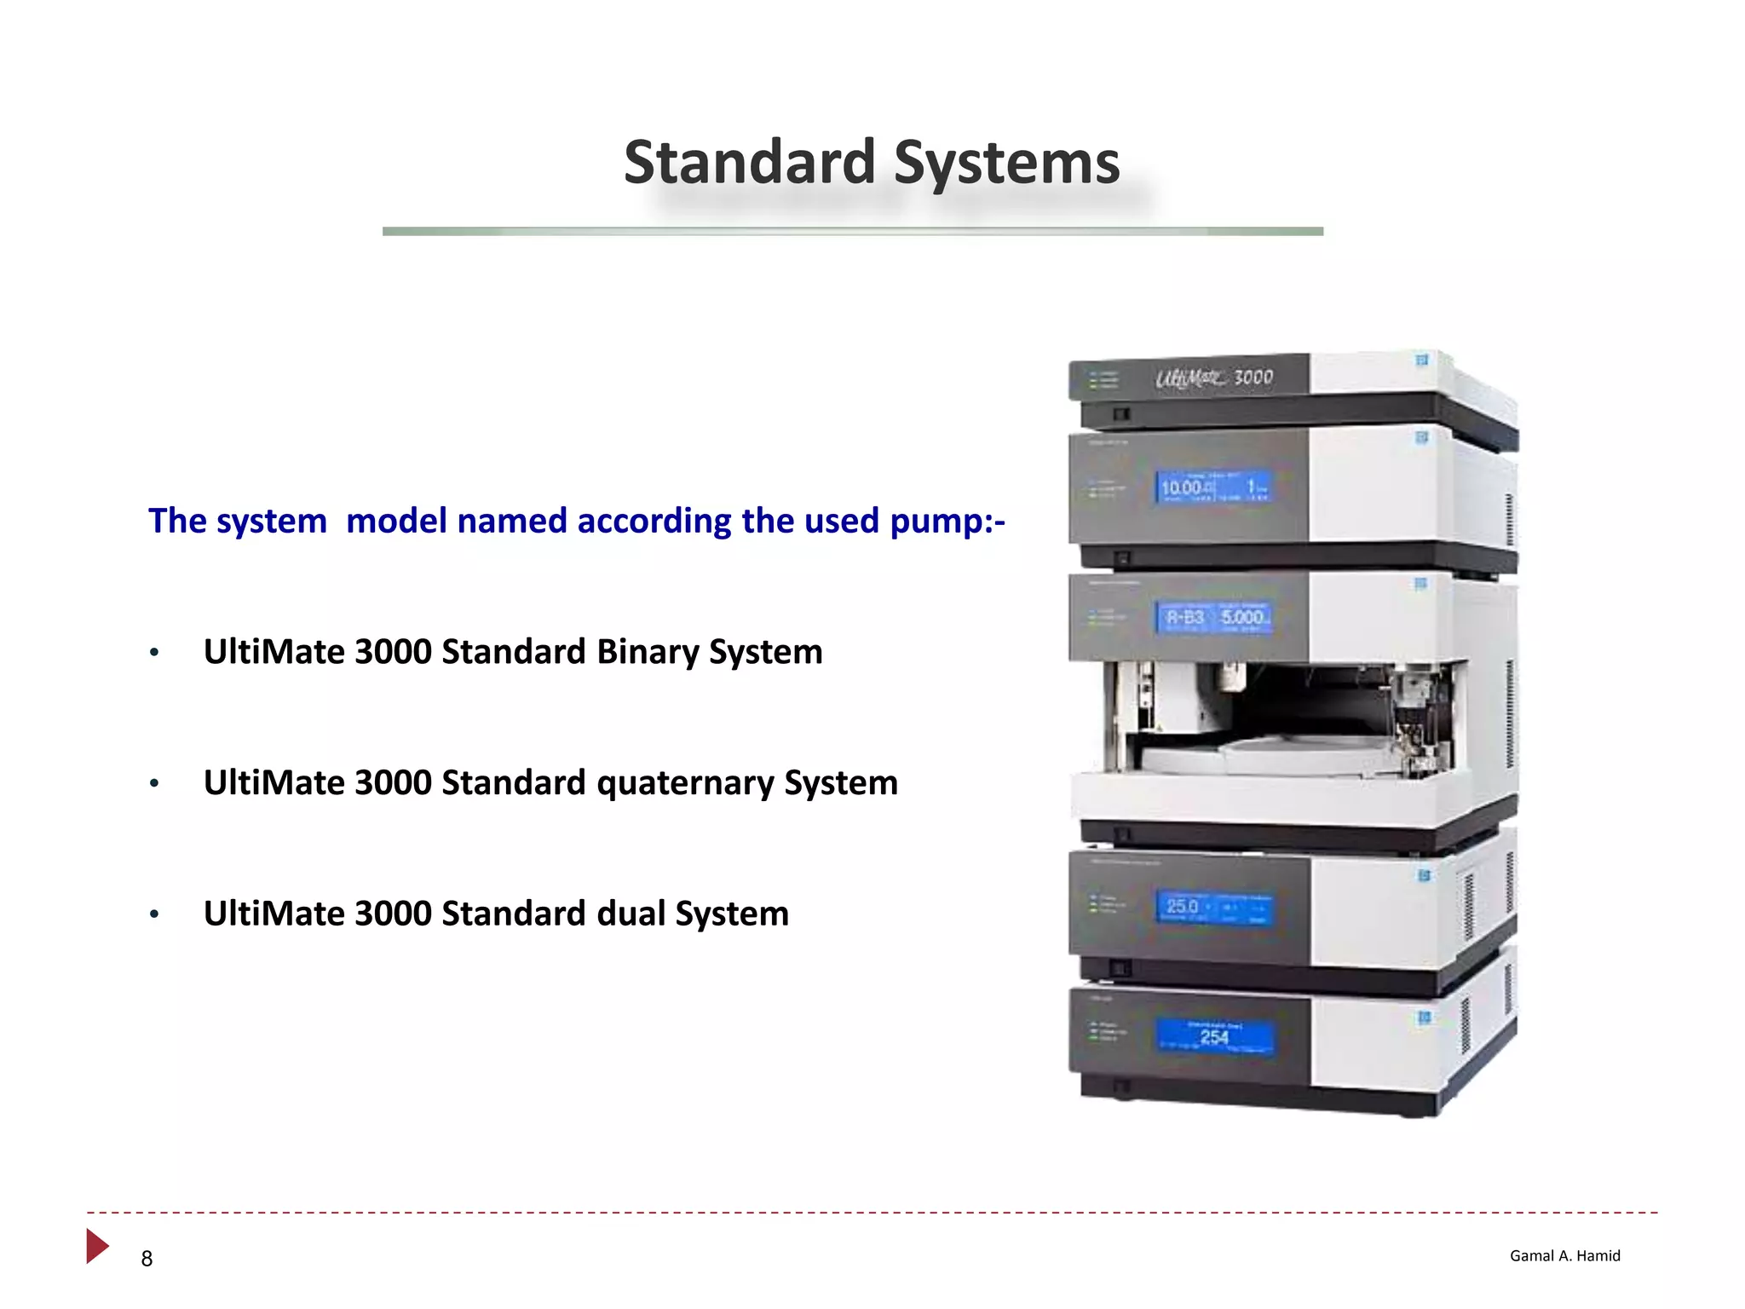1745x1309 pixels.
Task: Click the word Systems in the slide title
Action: click(1007, 164)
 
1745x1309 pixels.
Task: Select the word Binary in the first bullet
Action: click(648, 652)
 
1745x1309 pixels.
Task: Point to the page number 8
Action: click(147, 1259)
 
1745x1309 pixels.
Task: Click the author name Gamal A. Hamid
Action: click(1564, 1255)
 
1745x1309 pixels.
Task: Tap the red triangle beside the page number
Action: click(96, 1246)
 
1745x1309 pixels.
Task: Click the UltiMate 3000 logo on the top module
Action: click(1214, 378)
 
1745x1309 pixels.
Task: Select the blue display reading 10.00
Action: click(1214, 487)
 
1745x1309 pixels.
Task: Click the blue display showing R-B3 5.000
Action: click(1214, 617)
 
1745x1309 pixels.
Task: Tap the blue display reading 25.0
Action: click(1214, 908)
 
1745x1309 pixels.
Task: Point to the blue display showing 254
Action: click(1214, 1037)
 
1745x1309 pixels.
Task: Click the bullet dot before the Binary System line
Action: click(154, 653)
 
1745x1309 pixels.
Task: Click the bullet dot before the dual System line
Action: click(154, 914)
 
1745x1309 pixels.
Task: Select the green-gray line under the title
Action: click(852, 231)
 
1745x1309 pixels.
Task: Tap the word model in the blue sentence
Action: click(396, 521)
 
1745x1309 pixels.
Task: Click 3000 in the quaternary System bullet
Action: click(393, 783)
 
